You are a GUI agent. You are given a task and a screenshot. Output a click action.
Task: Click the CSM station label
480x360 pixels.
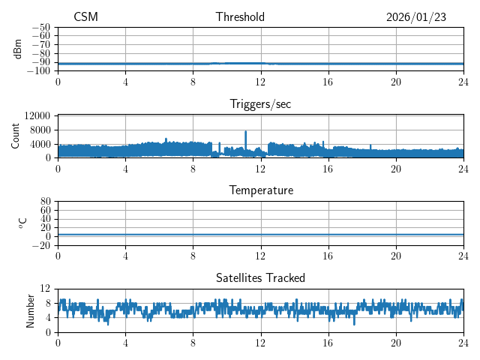click(x=85, y=17)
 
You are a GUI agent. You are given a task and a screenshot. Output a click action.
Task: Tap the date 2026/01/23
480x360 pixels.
click(x=416, y=17)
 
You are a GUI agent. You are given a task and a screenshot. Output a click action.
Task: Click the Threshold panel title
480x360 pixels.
click(x=240, y=17)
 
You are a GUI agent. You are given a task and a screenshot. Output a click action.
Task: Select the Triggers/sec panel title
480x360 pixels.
click(x=260, y=104)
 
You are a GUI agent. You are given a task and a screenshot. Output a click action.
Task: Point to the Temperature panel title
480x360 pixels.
click(x=260, y=190)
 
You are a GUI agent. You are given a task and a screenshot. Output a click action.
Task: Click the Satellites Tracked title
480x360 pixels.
click(x=260, y=277)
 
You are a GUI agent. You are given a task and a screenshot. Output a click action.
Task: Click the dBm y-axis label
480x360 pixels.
click(x=18, y=49)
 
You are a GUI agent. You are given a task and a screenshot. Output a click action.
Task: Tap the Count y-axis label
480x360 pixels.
click(x=15, y=136)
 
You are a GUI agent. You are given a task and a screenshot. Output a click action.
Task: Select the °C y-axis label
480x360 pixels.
click(x=22, y=223)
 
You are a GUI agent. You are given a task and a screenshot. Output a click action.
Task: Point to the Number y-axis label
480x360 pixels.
click(x=30, y=310)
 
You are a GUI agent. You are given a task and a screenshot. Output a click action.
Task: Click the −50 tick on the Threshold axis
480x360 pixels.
click(x=42, y=27)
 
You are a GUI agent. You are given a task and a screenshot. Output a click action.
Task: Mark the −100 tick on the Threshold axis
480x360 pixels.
click(x=40, y=70)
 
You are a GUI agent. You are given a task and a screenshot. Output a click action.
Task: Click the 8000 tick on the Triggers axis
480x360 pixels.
click(x=39, y=129)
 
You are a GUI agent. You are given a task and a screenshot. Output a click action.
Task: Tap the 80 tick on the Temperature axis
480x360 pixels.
click(x=45, y=202)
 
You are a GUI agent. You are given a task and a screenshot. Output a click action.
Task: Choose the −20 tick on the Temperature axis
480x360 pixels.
click(x=42, y=245)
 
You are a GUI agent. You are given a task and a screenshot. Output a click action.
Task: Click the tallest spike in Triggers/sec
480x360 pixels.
click(x=245, y=132)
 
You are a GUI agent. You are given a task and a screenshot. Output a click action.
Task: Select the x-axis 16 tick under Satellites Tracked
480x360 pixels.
click(x=328, y=342)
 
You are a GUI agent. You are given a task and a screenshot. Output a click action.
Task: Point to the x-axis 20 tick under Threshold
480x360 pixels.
click(x=396, y=81)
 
